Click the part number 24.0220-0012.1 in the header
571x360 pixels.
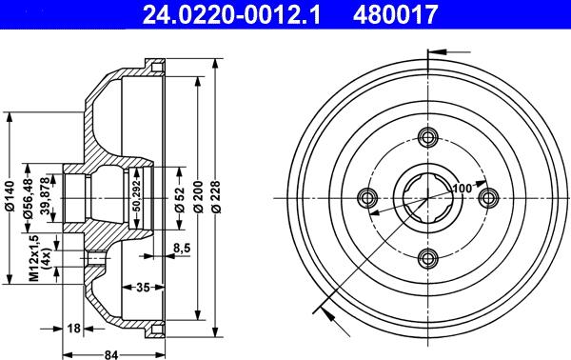pyautogui.click(x=231, y=14)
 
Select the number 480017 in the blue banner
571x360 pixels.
pyautogui.click(x=395, y=14)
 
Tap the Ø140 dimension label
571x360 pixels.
pyautogui.click(x=10, y=197)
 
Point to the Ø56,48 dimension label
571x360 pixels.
pyautogui.click(x=28, y=199)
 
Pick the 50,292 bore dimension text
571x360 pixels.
pyautogui.click(x=136, y=197)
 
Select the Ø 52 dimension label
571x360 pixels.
pyautogui.click(x=180, y=199)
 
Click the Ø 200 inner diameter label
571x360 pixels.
pyautogui.click(x=198, y=197)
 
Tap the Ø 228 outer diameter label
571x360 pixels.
pyautogui.click(x=216, y=197)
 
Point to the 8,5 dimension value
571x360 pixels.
pyautogui.click(x=182, y=249)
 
